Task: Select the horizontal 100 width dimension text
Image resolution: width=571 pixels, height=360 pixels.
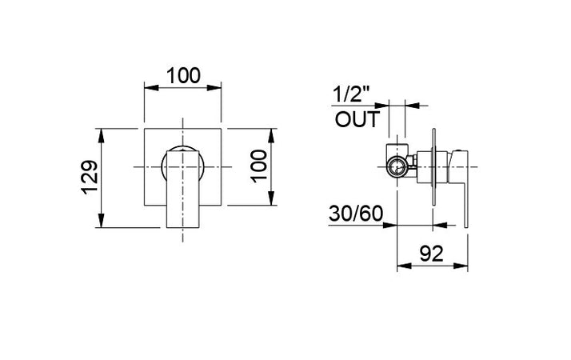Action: (x=183, y=76)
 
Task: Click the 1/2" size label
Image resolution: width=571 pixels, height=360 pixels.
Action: (x=353, y=94)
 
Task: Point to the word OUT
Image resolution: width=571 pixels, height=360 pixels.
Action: (x=356, y=121)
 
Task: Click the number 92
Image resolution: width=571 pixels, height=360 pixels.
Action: (x=432, y=254)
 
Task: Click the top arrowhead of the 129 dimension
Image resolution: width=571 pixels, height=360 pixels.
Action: (x=102, y=130)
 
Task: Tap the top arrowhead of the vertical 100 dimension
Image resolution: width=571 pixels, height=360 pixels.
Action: (x=274, y=130)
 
